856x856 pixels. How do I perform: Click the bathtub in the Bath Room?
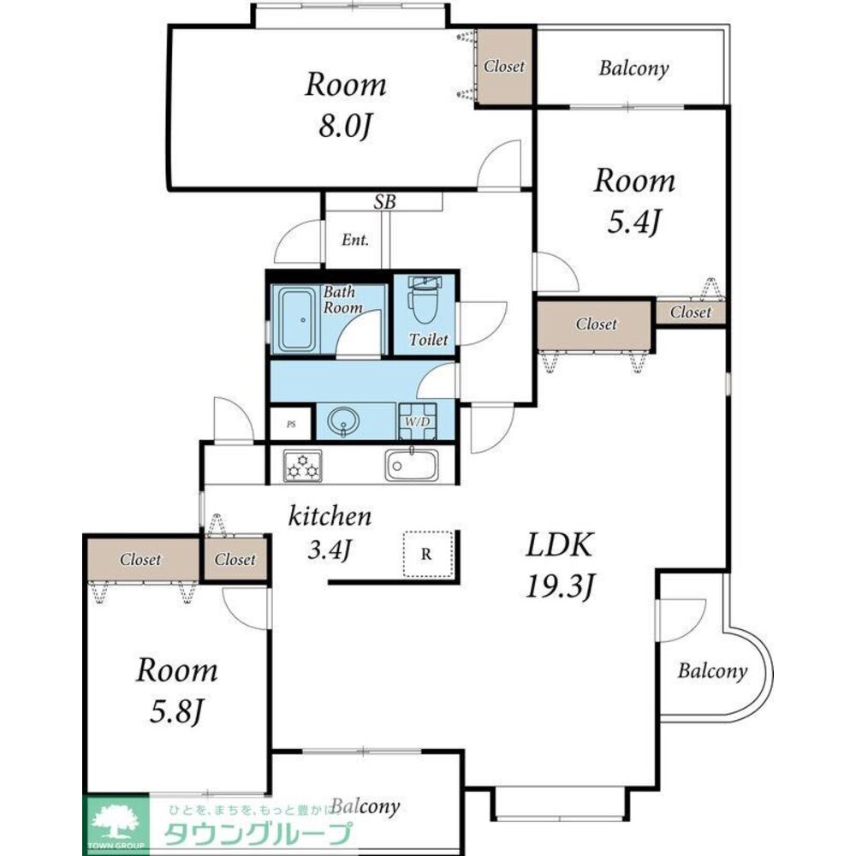(296, 320)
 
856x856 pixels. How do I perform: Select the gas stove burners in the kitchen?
(302, 467)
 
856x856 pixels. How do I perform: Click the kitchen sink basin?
(412, 465)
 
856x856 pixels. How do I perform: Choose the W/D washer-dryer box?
(418, 421)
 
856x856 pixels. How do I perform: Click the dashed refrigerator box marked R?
(428, 554)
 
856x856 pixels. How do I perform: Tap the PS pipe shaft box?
(291, 424)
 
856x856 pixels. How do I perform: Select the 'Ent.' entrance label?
(355, 240)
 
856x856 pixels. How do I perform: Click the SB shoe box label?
(384, 202)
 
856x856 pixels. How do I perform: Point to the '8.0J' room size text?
(345, 126)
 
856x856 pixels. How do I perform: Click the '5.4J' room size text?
(634, 222)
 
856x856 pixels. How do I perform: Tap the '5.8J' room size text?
(176, 711)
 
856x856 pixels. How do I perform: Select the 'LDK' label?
(559, 544)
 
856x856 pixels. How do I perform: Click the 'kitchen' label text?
(330, 516)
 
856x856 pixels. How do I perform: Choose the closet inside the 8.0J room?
(504, 67)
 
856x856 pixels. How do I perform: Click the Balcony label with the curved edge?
(712, 671)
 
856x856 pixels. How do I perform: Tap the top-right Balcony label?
(633, 68)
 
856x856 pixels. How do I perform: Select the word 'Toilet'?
(429, 340)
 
